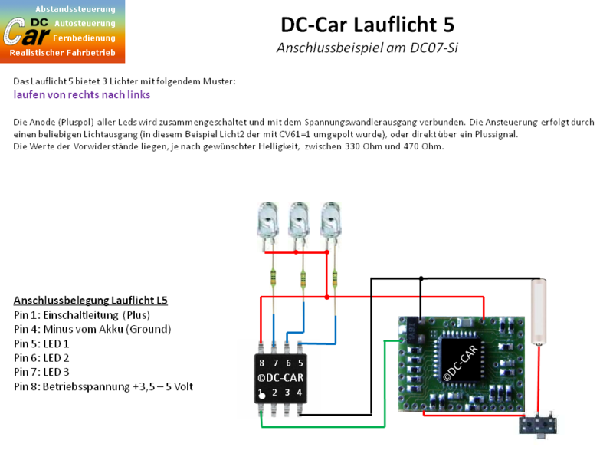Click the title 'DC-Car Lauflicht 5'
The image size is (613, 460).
tap(367, 25)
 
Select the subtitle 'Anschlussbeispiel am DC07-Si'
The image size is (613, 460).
tap(367, 48)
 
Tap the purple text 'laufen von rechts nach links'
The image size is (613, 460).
tap(81, 95)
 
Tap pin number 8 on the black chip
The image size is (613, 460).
tap(262, 361)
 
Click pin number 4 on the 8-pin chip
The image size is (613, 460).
tap(300, 393)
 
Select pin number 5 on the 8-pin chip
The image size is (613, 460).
tap(300, 361)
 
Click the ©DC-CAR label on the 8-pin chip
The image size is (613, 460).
tap(280, 377)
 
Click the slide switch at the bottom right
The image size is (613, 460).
tap(539, 425)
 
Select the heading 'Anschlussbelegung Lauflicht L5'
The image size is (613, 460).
tap(90, 300)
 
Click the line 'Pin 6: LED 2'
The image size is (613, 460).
tap(41, 358)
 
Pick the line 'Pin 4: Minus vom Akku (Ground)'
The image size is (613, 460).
tap(92, 329)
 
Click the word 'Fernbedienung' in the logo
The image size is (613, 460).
tap(84, 38)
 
